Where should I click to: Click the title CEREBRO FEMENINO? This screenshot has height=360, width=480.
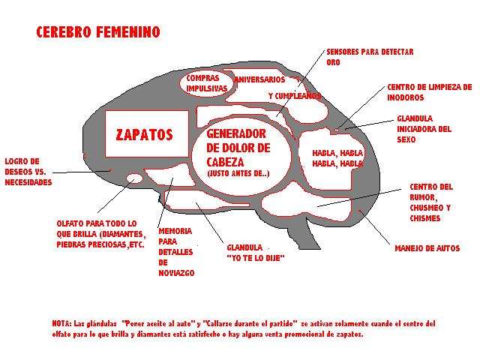pos(98,31)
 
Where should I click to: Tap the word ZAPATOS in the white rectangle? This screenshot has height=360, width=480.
pos(145,134)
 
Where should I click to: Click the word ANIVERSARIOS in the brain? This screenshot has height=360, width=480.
pos(259,79)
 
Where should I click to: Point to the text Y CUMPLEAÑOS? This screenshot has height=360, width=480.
pos(295,96)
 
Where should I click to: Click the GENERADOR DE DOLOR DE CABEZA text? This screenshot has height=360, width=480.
pos(238,148)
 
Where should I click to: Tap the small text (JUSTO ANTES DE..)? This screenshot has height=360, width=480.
pos(238,173)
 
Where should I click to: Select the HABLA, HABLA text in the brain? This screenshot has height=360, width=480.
pos(337,158)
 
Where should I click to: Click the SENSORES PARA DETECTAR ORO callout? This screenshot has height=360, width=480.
pos(370,57)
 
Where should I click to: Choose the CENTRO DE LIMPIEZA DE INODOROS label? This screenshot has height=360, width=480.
pos(430,92)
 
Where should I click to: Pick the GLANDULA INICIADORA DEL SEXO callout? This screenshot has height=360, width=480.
pos(424,129)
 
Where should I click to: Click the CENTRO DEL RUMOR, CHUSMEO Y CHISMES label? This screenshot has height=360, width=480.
pos(431,202)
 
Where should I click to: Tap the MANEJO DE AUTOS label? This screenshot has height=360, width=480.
pos(427,248)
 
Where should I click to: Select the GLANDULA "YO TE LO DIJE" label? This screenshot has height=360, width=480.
pos(256,253)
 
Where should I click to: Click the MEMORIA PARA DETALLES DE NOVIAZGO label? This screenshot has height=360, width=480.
pos(176,252)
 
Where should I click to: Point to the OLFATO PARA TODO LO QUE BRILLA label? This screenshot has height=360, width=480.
pos(101,234)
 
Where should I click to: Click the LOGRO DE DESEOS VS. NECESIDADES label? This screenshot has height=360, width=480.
pos(28,172)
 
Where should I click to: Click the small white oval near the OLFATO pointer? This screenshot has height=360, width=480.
pos(135,178)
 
